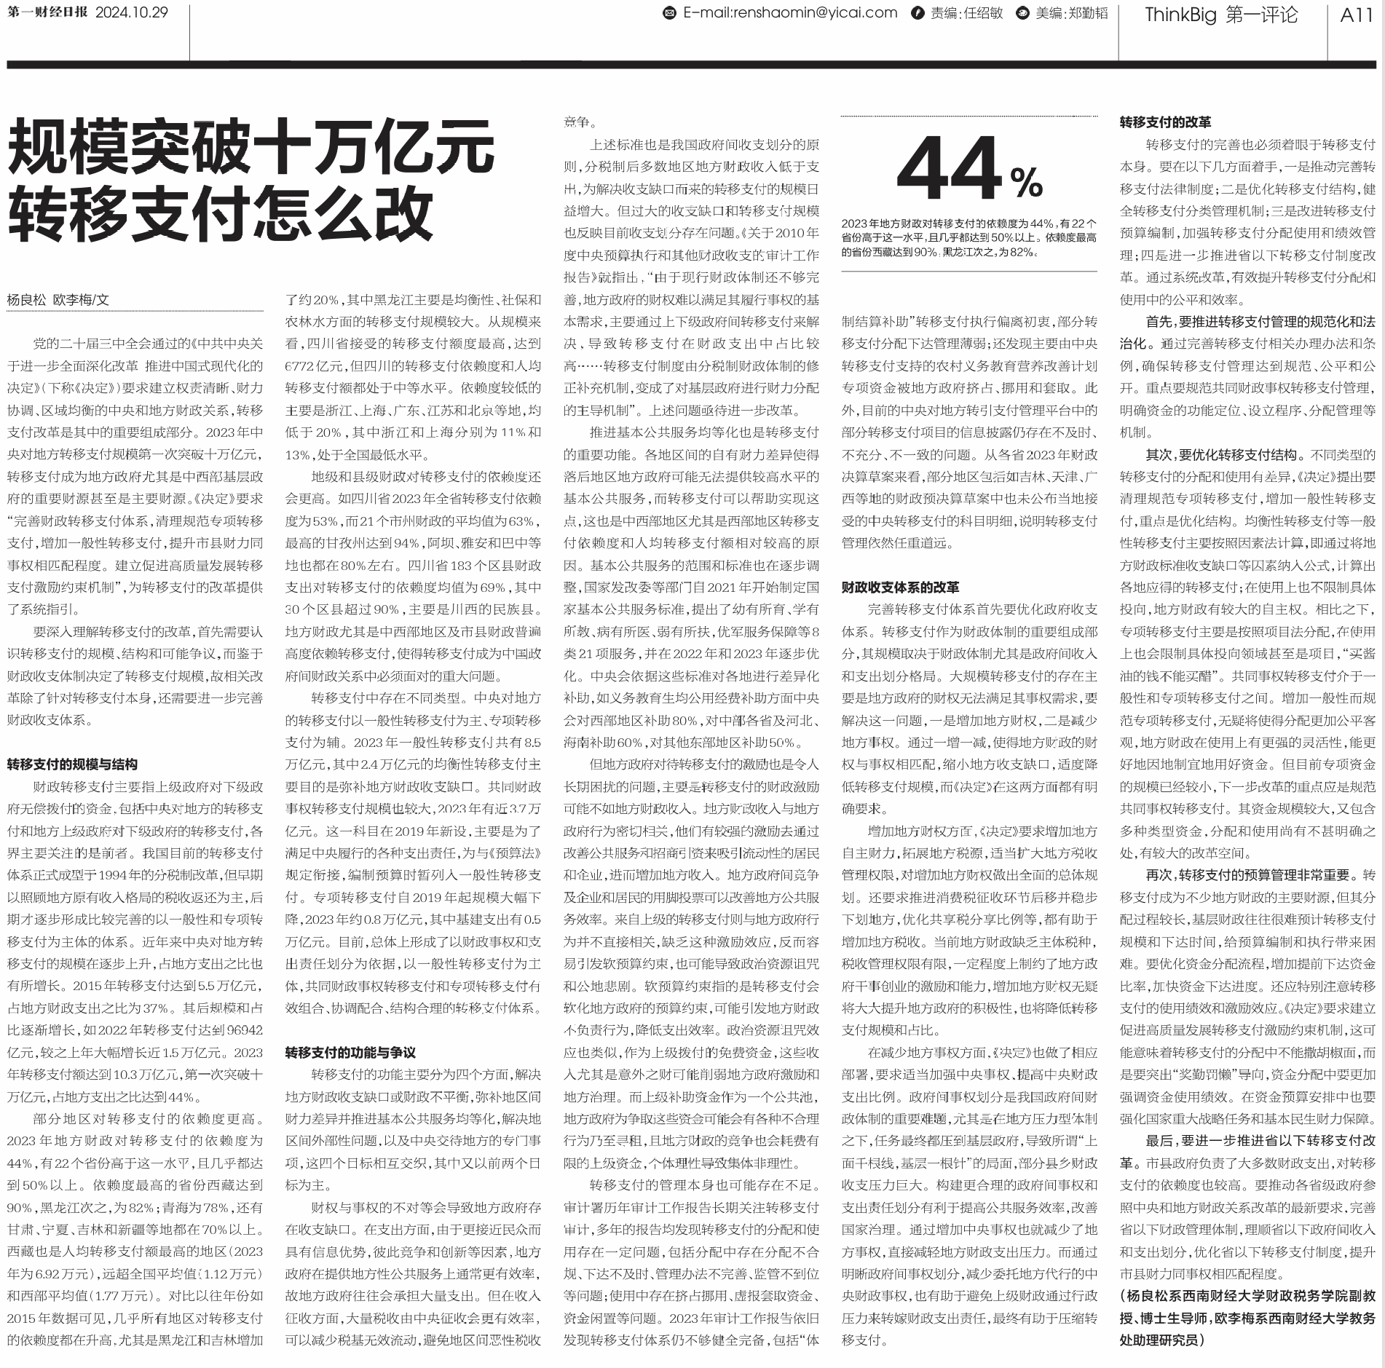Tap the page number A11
(x=1356, y=15)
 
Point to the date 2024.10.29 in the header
(x=132, y=13)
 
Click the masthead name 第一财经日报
(x=47, y=13)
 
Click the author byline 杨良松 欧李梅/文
(x=58, y=299)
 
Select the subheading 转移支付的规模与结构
(x=72, y=764)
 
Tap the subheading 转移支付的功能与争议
(x=350, y=1052)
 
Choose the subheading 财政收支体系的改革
(x=900, y=587)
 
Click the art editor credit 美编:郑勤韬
(x=1071, y=14)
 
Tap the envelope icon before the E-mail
(x=669, y=13)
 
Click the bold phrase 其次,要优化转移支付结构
(x=1219, y=455)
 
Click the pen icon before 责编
(x=919, y=14)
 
